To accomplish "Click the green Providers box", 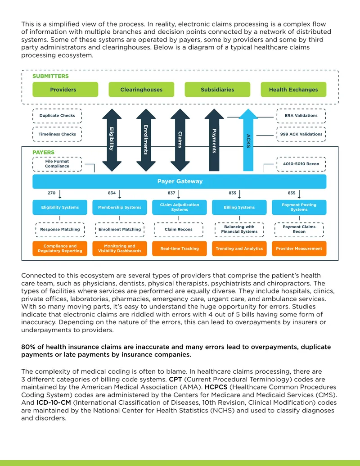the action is (x=65, y=90).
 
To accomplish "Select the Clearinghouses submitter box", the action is (x=141, y=90).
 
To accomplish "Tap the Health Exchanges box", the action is (x=293, y=90).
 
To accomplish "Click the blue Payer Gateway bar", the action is (x=180, y=181).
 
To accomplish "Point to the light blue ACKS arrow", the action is (x=248, y=140).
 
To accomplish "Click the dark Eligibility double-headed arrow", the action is (x=112, y=140).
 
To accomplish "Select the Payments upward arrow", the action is (x=214, y=140).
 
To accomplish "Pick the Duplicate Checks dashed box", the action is (x=57, y=116).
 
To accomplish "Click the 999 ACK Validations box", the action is (x=301, y=134).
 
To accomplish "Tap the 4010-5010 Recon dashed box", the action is (x=301, y=164).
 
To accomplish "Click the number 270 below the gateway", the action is (x=51, y=193).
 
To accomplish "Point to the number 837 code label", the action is (x=171, y=193).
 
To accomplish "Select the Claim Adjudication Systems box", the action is (x=180, y=207).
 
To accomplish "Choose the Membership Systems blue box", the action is (x=120, y=207).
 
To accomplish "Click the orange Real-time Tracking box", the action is (x=180, y=249).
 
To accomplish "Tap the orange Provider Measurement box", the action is (x=299, y=249).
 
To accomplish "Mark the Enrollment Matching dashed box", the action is (x=120, y=230).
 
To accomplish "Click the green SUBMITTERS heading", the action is (x=50, y=76).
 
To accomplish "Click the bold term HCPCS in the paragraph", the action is (x=216, y=387).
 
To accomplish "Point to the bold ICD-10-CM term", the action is (x=54, y=403).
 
